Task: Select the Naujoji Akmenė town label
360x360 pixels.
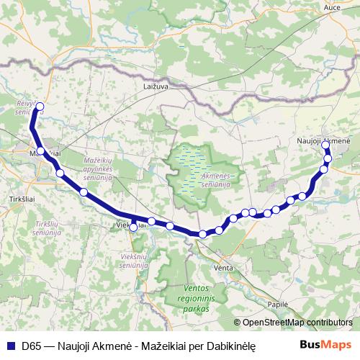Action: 323,140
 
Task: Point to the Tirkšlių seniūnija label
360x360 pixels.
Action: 45,230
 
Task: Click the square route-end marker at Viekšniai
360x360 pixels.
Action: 133,228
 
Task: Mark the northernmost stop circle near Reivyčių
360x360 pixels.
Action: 40,107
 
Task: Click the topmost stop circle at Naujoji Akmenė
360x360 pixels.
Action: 326,145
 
